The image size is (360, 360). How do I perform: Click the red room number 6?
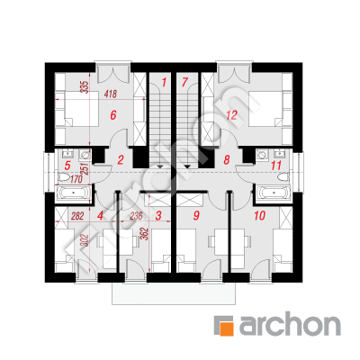[112, 115]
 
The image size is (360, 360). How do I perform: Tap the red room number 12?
[232, 115]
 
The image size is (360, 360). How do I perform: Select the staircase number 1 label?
[164, 82]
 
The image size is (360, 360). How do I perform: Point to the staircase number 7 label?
[184, 82]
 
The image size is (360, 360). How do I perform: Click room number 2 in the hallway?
[121, 160]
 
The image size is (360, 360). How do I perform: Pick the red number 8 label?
[227, 160]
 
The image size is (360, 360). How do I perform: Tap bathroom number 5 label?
[67, 165]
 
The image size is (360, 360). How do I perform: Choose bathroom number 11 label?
[276, 166]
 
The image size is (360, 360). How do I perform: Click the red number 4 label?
[100, 216]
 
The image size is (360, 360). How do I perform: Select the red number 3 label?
[158, 215]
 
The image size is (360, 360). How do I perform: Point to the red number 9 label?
[196, 215]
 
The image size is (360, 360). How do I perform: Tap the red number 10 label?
[259, 215]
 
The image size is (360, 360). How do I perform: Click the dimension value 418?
[110, 94]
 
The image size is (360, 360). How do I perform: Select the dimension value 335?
[85, 87]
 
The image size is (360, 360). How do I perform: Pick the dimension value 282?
[77, 216]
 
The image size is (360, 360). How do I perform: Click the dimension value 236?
[136, 216]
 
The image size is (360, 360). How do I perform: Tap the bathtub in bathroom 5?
[73, 193]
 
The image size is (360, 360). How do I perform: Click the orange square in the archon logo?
[227, 328]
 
